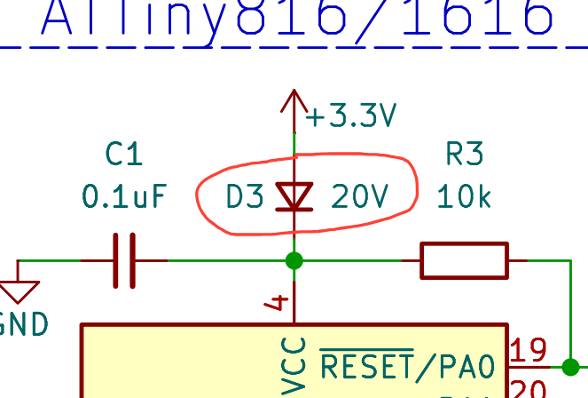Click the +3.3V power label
351,115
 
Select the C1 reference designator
123,155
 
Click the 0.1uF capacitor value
123,195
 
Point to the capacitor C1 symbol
123,260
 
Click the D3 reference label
245,196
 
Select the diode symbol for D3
294,196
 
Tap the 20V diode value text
360,196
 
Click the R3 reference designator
464,155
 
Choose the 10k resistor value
464,195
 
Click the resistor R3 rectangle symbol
464,260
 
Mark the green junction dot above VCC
294,260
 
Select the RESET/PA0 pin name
412,364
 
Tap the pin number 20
529,389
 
